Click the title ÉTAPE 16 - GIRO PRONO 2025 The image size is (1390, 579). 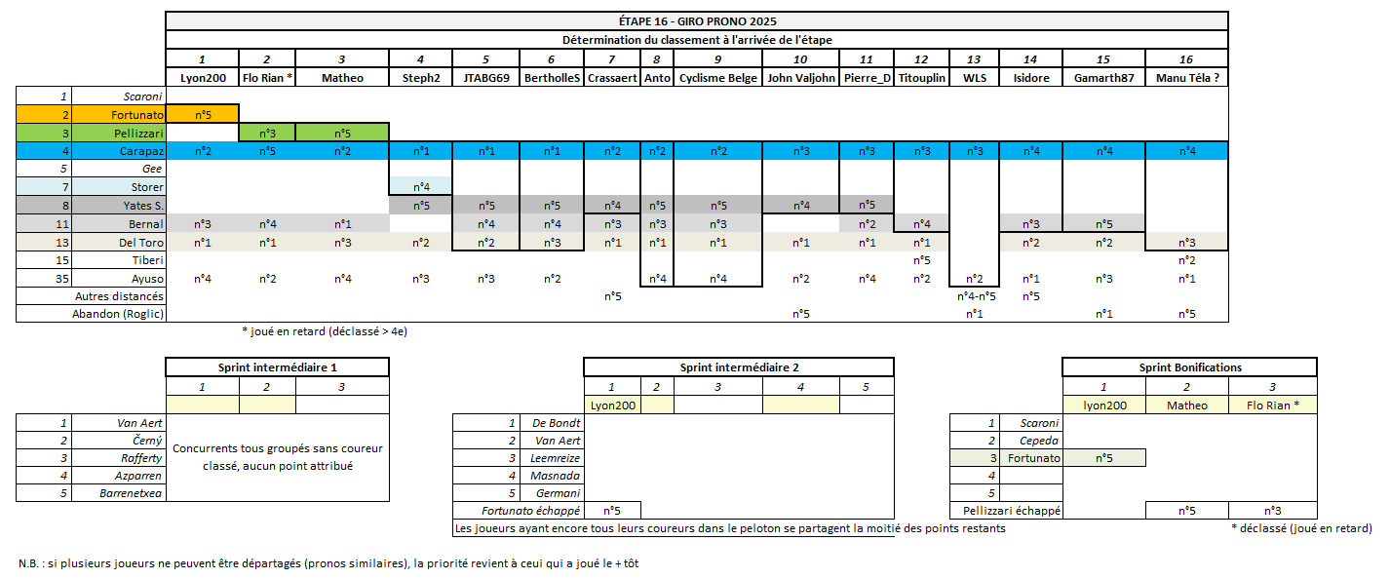696,21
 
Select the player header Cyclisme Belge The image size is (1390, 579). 717,78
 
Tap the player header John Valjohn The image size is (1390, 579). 800,78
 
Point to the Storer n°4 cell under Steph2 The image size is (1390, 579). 421,187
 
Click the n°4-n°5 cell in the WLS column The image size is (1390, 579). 974,296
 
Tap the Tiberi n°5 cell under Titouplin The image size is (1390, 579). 921,260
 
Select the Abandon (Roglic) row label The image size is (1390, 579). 118,314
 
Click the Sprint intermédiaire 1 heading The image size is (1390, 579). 277,367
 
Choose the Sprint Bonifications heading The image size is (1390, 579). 1190,367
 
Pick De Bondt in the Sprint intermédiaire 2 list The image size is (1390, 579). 557,423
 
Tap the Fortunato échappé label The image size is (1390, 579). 531,511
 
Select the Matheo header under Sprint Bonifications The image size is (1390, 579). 1187,405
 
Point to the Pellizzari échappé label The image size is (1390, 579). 1011,511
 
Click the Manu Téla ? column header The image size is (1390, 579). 1186,78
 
